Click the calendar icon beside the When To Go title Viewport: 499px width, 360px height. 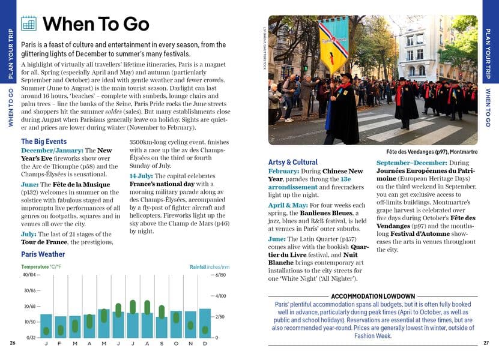point(29,23)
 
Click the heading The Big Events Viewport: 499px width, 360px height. point(44,142)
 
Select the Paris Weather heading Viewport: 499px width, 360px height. point(43,254)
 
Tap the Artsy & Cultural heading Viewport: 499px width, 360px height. point(292,162)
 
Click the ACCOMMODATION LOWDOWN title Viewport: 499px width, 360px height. point(373,296)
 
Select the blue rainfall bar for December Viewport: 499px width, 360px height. point(205,323)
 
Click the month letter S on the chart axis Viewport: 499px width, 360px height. point(162,343)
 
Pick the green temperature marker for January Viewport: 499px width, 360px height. point(46,331)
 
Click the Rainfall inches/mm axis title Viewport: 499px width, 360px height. point(209,266)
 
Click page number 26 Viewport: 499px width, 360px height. point(13,343)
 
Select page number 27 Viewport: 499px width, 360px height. point(486,343)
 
